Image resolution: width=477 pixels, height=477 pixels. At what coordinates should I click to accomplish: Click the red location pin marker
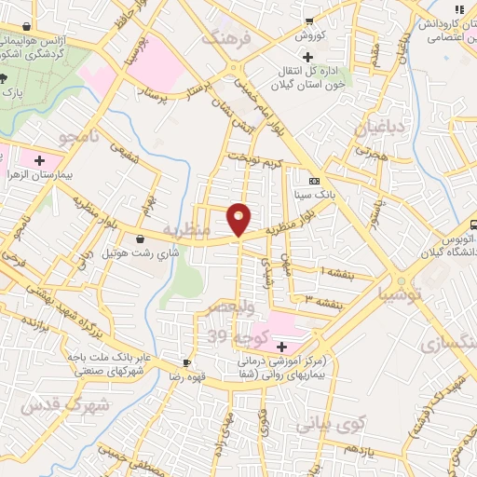click(238, 219)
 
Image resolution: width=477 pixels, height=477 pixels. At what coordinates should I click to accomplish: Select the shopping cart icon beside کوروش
click(310, 21)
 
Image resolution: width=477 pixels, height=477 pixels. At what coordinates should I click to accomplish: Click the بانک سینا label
click(314, 195)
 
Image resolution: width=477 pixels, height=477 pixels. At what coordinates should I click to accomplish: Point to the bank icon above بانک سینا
click(314, 181)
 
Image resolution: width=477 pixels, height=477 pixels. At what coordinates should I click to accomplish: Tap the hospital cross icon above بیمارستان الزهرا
click(39, 161)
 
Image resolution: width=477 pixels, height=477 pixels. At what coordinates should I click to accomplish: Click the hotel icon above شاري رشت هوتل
click(140, 238)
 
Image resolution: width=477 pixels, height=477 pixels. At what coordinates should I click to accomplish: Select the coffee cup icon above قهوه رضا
click(186, 362)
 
